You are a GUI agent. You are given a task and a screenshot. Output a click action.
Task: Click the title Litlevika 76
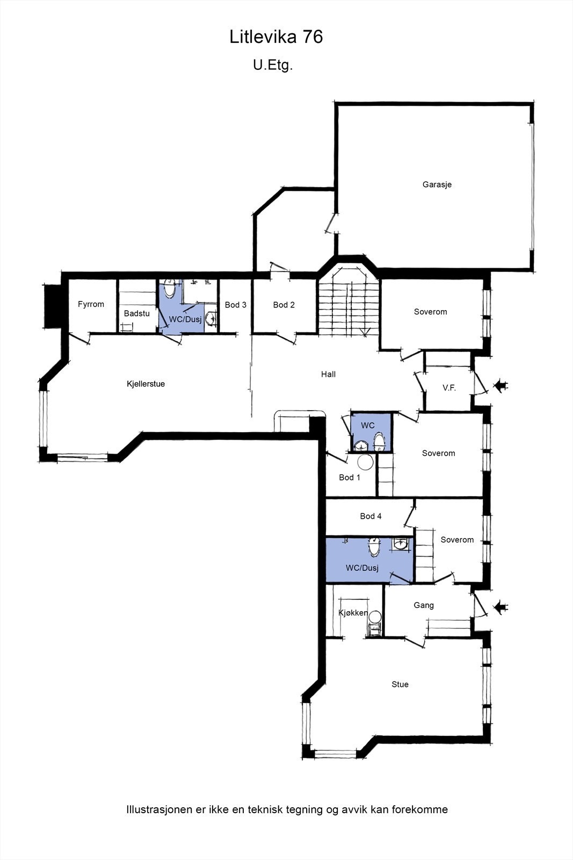(276, 37)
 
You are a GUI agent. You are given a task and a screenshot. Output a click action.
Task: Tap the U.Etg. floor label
(273, 65)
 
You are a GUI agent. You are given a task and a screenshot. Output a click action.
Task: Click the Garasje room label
(437, 184)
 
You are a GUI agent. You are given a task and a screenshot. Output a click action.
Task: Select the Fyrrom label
(91, 304)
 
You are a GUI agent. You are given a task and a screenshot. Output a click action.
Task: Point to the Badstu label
(136, 313)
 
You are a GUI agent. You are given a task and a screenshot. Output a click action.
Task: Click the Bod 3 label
(236, 305)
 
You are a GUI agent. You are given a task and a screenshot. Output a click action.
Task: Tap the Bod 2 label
(284, 305)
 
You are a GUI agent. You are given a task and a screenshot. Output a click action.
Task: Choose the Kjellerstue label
(146, 384)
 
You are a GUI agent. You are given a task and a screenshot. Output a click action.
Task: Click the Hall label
(328, 374)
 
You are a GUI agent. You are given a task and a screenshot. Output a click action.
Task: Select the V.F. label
(449, 388)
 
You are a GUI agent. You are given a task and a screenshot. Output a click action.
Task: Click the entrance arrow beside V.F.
(500, 386)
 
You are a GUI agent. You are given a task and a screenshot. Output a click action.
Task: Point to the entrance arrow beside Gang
(500, 607)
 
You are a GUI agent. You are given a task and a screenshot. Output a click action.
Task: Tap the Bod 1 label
(350, 478)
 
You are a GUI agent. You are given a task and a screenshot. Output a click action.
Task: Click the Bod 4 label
(371, 517)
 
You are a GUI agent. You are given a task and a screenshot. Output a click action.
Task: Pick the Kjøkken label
(353, 613)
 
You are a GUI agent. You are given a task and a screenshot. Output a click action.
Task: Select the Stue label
(400, 684)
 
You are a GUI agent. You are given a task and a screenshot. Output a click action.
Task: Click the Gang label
(423, 605)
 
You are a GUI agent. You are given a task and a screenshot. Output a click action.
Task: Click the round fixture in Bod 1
(365, 462)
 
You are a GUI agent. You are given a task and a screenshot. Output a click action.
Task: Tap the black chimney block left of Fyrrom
(53, 306)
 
